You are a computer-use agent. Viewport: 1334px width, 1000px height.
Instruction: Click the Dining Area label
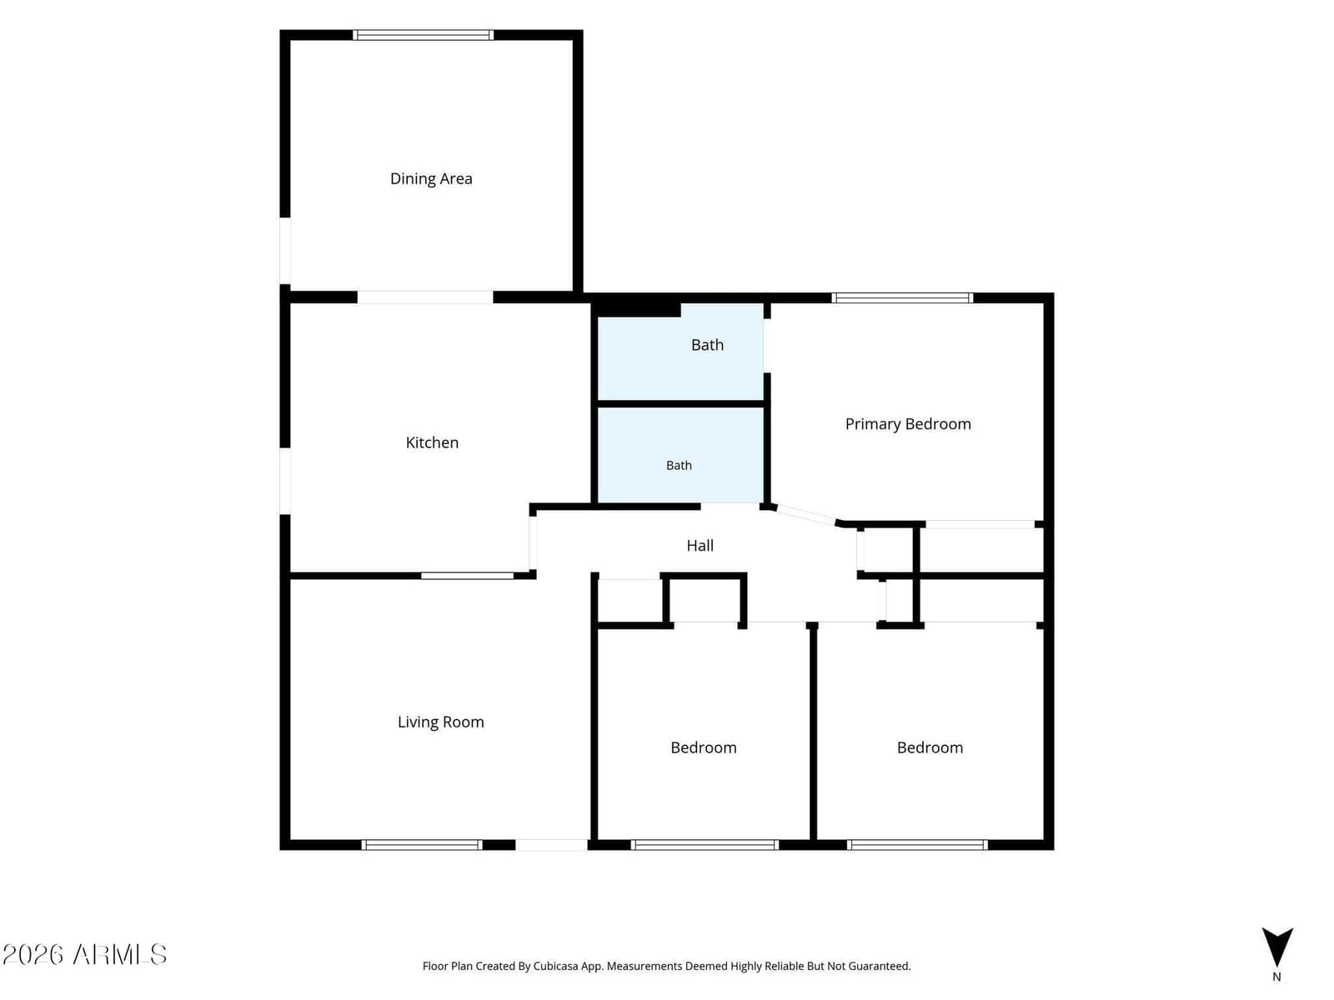coord(431,178)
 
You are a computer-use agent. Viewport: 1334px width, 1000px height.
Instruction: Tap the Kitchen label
coord(432,442)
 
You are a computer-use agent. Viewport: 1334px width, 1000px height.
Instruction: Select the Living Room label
coord(440,722)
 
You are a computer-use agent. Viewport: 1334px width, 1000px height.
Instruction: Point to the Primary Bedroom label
coord(908,424)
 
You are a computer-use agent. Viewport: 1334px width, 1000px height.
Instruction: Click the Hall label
coord(700,545)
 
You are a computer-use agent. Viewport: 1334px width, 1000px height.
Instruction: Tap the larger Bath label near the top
coord(707,345)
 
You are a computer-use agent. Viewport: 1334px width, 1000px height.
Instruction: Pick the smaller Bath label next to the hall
coord(679,466)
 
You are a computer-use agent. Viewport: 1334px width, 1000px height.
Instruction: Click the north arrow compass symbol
coord(1276,948)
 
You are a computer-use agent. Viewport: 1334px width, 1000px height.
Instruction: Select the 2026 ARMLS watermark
coord(84,955)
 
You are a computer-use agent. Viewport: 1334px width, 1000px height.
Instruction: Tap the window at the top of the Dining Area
coord(423,35)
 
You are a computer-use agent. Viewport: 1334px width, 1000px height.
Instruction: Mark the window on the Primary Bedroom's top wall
coord(902,298)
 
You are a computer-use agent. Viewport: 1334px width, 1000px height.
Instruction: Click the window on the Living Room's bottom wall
coord(422,844)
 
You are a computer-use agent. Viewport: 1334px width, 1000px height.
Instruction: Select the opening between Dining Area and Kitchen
coord(425,297)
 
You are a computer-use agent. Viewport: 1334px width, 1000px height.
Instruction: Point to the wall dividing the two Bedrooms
coord(813,732)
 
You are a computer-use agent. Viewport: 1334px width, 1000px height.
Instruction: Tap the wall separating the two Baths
coord(680,404)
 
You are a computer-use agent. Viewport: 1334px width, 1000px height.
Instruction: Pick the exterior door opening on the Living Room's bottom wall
coord(552,844)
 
